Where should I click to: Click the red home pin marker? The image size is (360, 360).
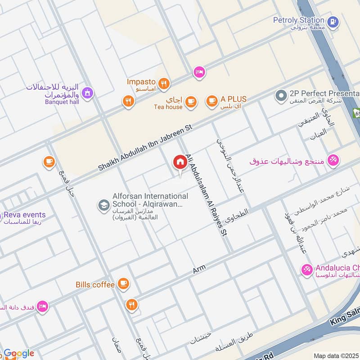[x=180, y=162]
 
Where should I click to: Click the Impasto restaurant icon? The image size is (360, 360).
[x=164, y=83]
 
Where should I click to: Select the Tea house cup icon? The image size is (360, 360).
[x=191, y=102]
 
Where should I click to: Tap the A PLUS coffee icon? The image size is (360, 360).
[x=211, y=102]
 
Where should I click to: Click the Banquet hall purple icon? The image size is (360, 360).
[x=88, y=93]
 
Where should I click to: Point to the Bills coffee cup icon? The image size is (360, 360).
[x=123, y=284]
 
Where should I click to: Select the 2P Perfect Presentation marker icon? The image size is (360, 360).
[x=281, y=96]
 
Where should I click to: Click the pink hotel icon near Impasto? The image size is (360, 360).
[x=199, y=72]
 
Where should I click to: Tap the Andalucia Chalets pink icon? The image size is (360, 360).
[x=307, y=270]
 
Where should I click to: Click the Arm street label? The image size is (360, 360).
[x=199, y=269]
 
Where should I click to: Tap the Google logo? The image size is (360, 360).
[x=19, y=353]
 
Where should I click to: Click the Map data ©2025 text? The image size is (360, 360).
[x=336, y=355]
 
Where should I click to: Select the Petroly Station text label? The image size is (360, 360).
[x=298, y=20]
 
